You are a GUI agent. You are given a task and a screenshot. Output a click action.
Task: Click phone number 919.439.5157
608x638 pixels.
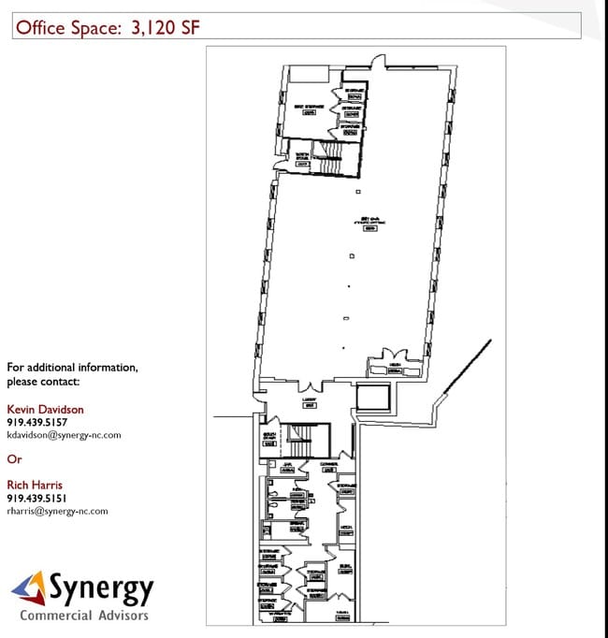[x=36, y=422]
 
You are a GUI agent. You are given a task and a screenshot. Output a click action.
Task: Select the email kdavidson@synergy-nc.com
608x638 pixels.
[x=65, y=435]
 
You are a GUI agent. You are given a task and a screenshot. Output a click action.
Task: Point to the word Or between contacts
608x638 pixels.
[x=13, y=459]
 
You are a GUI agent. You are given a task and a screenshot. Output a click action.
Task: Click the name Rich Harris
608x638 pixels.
[x=35, y=485]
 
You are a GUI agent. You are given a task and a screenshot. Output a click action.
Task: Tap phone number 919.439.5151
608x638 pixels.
[x=36, y=498]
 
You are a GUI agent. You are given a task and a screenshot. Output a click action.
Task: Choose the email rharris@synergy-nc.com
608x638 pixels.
[x=57, y=511]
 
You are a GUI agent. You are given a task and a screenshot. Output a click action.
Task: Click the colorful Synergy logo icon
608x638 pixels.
[x=29, y=590]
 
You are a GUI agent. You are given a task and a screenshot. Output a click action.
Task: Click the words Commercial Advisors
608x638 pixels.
[x=84, y=616]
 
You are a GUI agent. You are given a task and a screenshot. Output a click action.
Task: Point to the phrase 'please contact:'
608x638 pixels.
[x=43, y=381]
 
